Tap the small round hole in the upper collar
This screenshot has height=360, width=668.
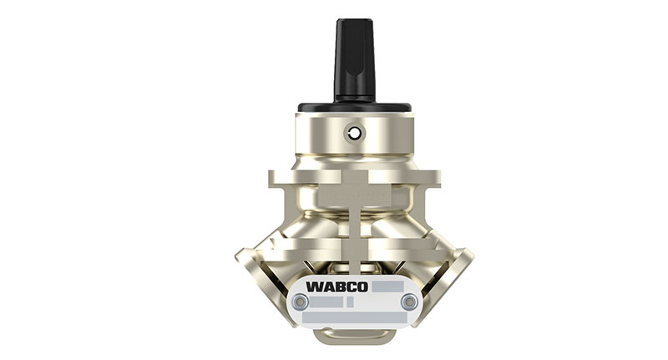(x=355, y=133)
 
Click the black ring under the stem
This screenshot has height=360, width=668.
(x=355, y=108)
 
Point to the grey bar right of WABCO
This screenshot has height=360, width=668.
(x=388, y=286)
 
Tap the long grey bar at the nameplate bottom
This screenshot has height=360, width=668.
(x=354, y=317)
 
